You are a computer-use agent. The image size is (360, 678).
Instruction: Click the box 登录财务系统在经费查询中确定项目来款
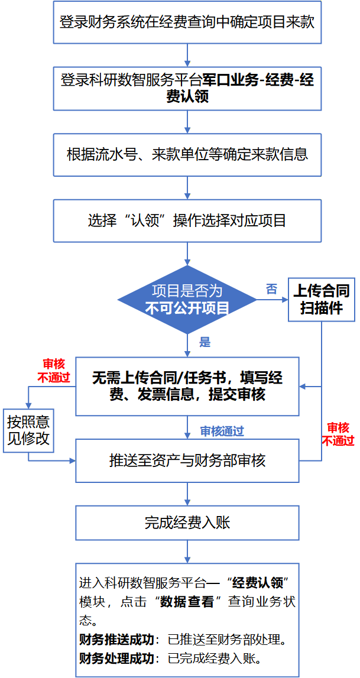[x=187, y=22]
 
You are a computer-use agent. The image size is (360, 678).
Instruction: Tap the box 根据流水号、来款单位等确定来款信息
[x=187, y=154]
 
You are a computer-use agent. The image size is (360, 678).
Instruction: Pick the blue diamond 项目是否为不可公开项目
[x=187, y=300]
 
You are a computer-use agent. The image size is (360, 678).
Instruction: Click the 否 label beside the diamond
[x=271, y=290]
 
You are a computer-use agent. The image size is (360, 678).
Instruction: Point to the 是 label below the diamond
[x=205, y=342]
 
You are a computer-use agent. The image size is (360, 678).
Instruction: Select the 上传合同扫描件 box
[x=322, y=299]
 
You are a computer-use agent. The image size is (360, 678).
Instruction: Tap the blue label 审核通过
[x=222, y=431]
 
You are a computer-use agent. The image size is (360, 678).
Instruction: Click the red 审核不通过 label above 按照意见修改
[x=54, y=371]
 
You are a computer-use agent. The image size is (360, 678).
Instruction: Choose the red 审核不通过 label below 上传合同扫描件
[x=338, y=434]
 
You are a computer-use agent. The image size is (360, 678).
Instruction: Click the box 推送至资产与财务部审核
[x=187, y=460]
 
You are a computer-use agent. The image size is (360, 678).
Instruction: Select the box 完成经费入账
[x=187, y=523]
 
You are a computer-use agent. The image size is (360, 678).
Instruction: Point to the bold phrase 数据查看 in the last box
[x=187, y=602]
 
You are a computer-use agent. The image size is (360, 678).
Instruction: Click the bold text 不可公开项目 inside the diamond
[x=187, y=309]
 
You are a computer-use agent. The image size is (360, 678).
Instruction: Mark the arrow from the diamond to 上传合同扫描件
[x=273, y=300]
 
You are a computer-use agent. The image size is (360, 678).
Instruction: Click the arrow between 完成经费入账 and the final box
[x=187, y=552]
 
